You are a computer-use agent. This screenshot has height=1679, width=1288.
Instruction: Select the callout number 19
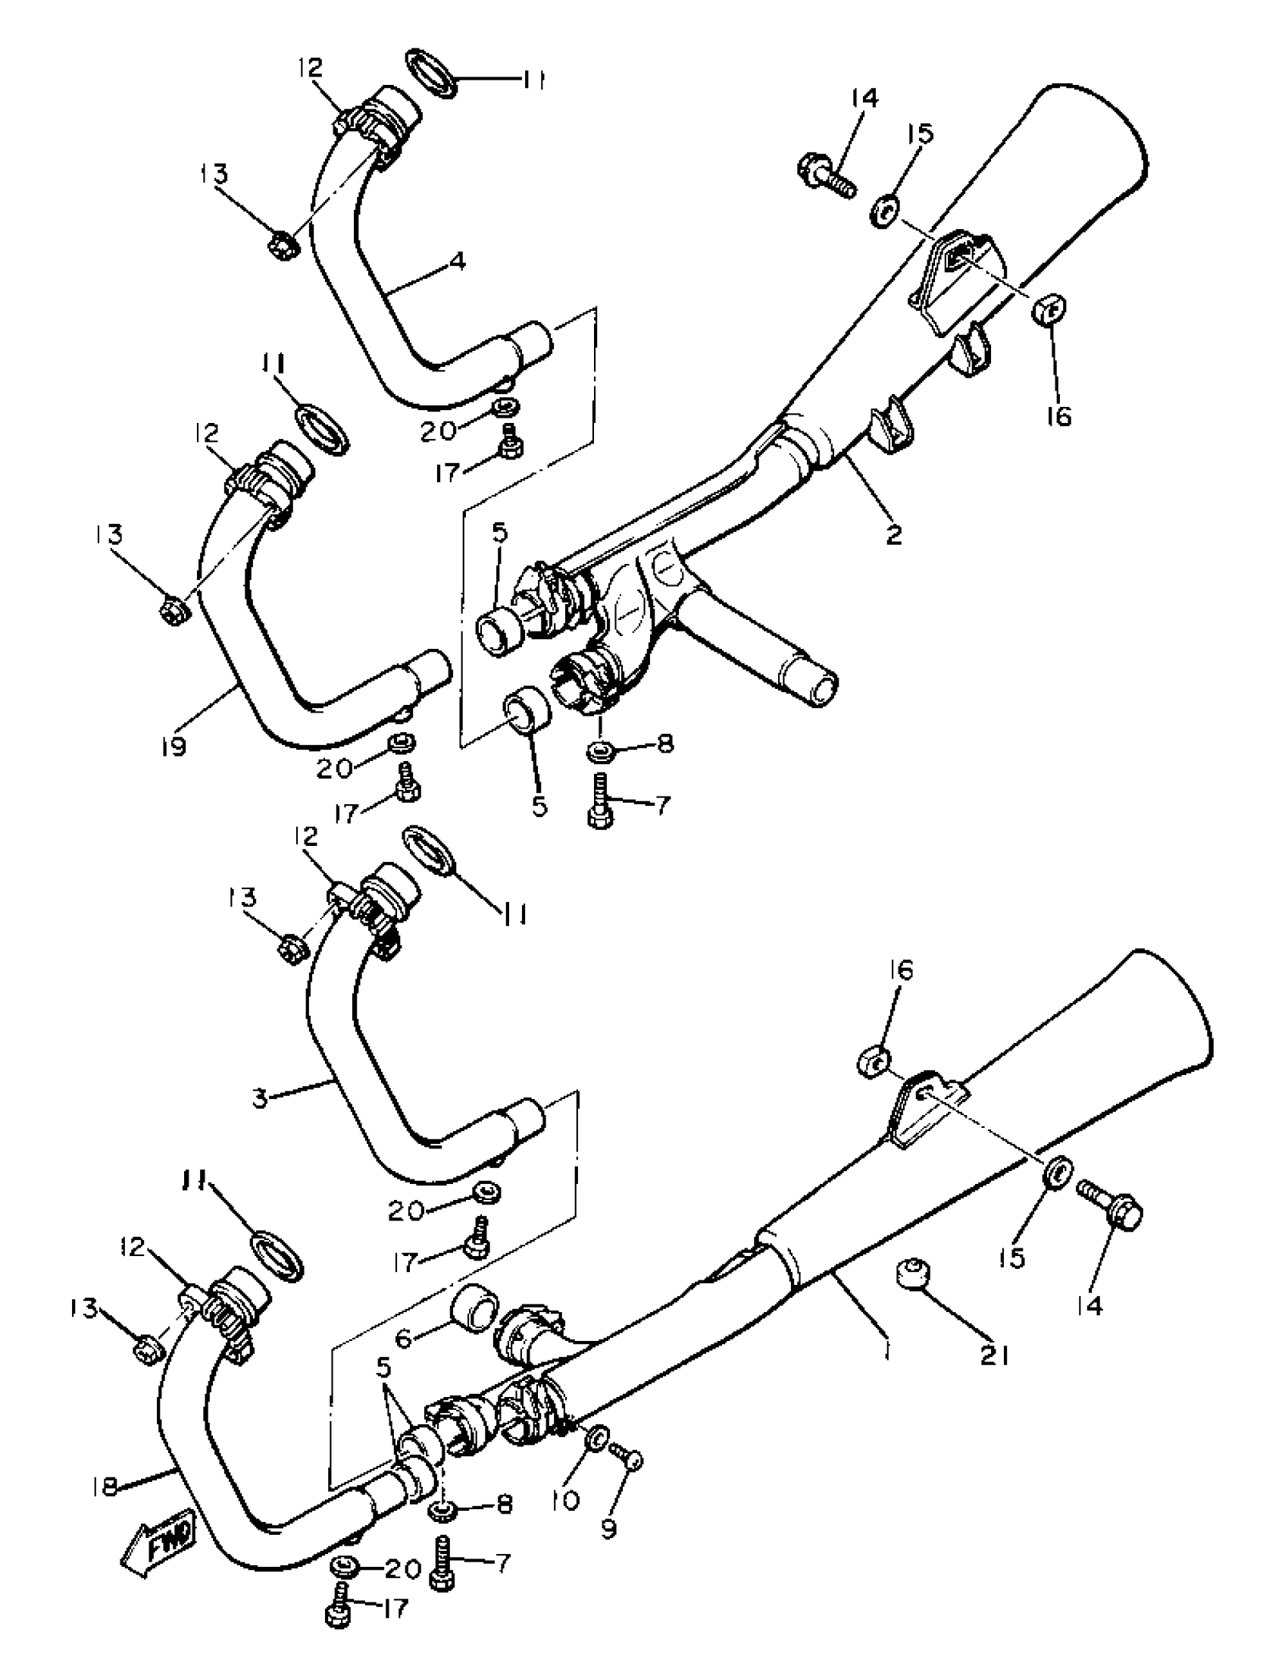175,747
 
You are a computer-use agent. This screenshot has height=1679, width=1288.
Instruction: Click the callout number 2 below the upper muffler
894,534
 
